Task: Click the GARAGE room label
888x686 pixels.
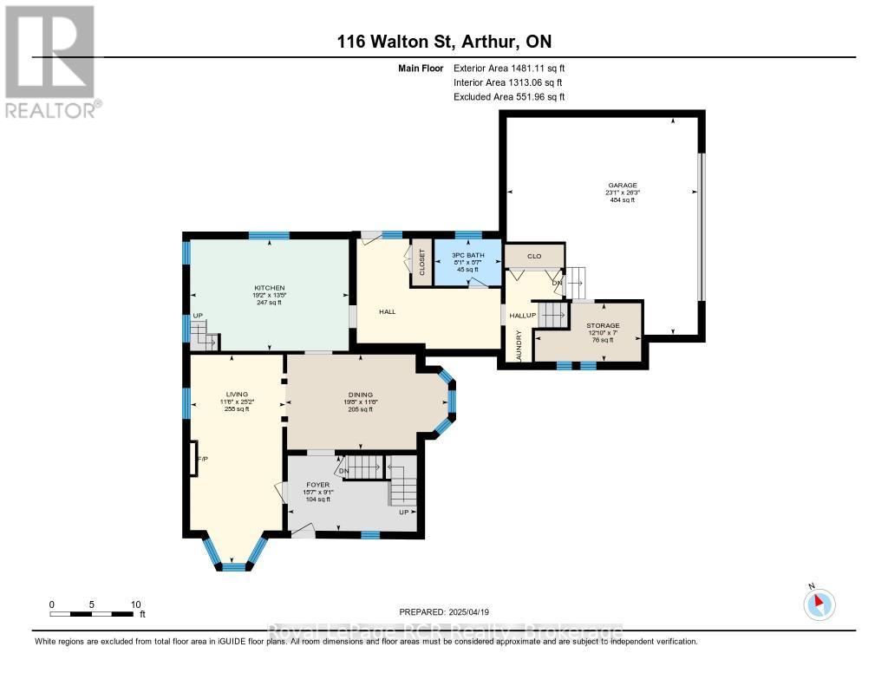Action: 622,185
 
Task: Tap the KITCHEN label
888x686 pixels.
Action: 269,288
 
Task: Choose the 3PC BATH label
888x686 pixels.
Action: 468,255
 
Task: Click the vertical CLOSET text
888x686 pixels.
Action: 422,262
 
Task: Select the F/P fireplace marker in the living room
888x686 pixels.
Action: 201,458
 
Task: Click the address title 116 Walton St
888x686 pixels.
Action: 444,42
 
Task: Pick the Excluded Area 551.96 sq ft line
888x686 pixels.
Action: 509,97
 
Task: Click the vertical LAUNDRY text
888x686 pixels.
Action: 519,343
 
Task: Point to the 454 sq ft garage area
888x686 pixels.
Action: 622,200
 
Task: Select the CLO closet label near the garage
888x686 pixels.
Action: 535,256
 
